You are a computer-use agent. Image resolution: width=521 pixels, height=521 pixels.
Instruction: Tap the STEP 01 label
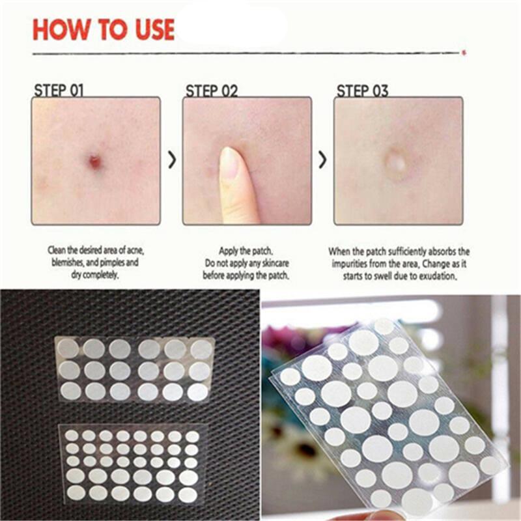pos(59,91)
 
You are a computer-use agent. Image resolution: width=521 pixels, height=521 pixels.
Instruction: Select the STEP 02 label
pos(212,91)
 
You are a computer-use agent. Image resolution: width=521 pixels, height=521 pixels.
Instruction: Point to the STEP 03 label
pos(362,91)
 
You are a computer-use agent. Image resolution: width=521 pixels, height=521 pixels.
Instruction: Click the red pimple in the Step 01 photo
pos(95,162)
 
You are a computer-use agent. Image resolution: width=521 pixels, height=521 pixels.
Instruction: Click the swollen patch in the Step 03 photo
pos(396,163)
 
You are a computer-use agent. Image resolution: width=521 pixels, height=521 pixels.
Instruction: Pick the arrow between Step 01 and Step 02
pos(172,160)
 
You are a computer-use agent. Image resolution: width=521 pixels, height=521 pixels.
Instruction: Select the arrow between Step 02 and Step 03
pos(322,160)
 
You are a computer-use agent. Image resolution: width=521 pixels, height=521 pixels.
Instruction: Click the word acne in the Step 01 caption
pos(135,250)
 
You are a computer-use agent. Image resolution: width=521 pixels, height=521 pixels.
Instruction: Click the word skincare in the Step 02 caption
pos(275,263)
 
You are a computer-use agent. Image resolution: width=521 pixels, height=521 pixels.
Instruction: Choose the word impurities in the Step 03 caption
pos(349,264)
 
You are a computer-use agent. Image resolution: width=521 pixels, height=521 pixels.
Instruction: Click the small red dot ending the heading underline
pos(464,53)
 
